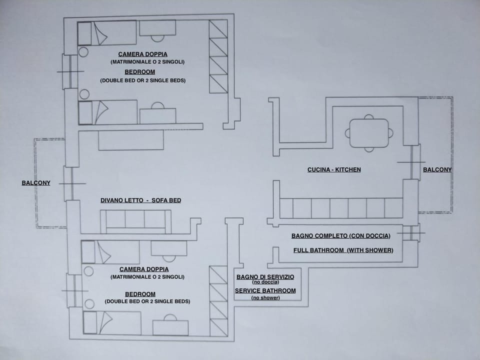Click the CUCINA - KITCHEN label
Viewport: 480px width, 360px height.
point(334,170)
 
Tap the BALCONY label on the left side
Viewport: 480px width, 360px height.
point(36,183)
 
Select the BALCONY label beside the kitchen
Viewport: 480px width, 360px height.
point(437,170)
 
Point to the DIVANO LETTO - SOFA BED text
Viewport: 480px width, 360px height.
point(140,200)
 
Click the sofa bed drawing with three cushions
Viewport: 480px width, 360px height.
point(135,221)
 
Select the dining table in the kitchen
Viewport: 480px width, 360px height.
point(369,133)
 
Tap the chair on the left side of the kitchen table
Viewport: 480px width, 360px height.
point(347,133)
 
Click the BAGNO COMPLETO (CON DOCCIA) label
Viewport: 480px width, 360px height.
point(340,236)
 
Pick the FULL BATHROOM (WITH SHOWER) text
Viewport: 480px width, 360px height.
point(343,250)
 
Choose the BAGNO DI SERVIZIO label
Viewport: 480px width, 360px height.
point(265,276)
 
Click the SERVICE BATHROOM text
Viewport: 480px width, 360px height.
point(265,290)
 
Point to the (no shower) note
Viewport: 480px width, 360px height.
point(265,297)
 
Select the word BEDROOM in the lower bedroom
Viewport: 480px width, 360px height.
point(140,294)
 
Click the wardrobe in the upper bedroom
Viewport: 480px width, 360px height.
point(218,56)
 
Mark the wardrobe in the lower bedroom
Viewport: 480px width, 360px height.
point(218,301)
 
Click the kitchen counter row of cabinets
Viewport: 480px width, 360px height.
point(341,208)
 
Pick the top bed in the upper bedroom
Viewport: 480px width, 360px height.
point(107,33)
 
